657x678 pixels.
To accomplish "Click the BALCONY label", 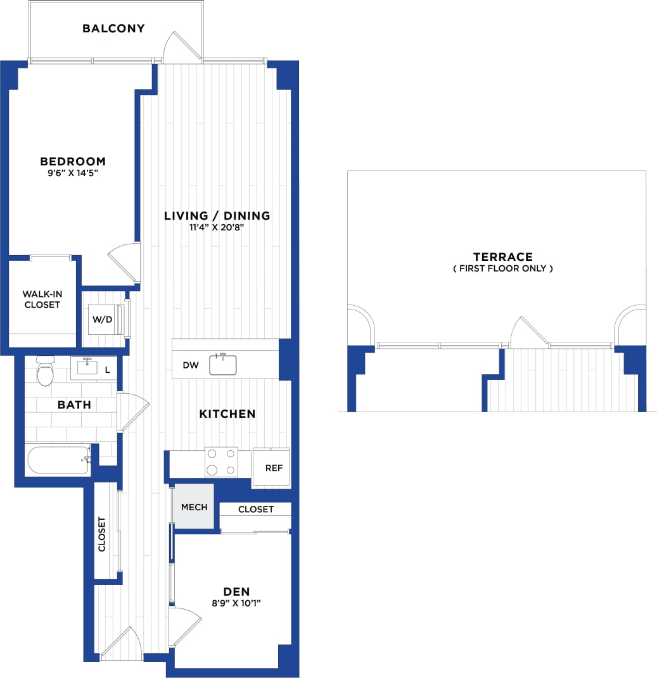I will [113, 28].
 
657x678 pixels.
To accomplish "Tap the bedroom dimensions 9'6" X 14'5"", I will [73, 173].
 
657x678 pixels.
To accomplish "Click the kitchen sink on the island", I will [222, 365].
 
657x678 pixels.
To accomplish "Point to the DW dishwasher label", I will [191, 365].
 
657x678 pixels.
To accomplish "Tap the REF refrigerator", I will [273, 468].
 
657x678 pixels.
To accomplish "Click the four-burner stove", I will [220, 462].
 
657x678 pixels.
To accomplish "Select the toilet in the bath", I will [45, 372].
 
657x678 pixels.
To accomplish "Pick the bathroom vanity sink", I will [87, 367].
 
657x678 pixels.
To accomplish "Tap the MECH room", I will [194, 507].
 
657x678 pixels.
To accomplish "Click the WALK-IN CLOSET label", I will [41, 299].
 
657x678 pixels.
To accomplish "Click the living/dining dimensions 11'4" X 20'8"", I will [217, 227].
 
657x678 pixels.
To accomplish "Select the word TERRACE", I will [502, 256].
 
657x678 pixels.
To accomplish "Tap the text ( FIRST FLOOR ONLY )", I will [502, 268].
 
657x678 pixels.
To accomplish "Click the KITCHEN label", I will [227, 414].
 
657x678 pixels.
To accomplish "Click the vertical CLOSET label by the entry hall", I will [102, 534].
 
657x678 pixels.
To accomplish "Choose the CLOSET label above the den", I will [256, 509].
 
